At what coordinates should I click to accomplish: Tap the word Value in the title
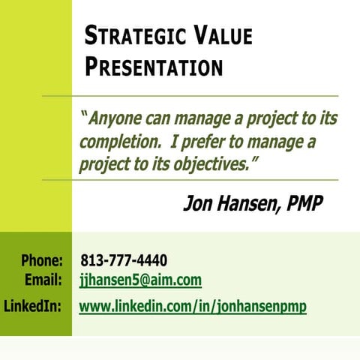coord(223,35)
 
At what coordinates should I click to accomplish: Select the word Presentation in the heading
coord(154,67)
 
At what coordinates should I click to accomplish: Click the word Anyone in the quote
coord(113,119)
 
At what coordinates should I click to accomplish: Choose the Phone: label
coord(41,261)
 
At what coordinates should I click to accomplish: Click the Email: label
coord(43,280)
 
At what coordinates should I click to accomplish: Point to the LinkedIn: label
coord(33,306)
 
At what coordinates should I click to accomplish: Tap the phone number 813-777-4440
coord(124,261)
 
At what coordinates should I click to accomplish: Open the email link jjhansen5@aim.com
coord(140,280)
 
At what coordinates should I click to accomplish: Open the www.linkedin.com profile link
coord(193,306)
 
